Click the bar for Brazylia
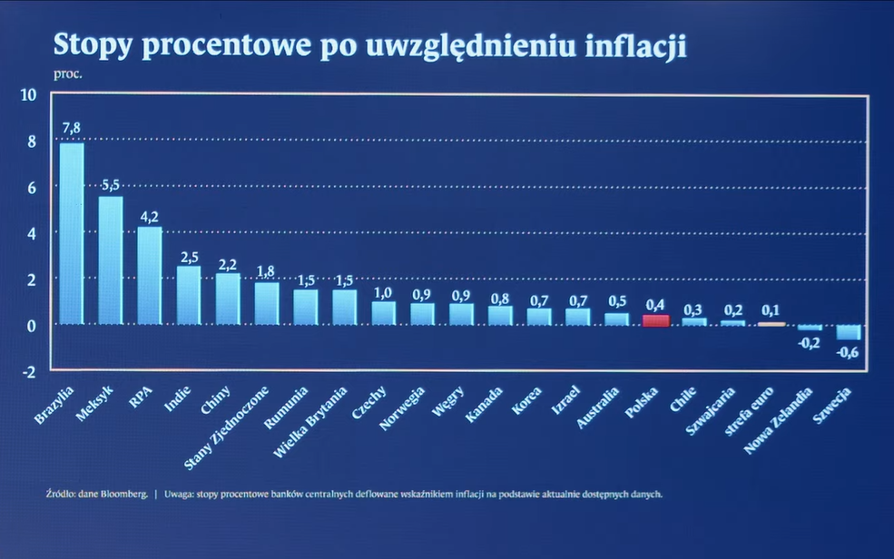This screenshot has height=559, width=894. point(72,234)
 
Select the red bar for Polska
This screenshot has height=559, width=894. point(655,320)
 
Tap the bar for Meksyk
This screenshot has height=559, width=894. point(111,260)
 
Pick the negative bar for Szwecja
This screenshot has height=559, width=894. point(850,332)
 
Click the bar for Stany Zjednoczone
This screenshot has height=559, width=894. point(267,304)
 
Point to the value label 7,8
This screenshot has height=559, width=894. point(72,128)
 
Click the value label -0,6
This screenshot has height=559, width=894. point(848,353)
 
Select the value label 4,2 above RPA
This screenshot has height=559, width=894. point(150,216)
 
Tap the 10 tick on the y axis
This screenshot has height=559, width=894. point(27,95)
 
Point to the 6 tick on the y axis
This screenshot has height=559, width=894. point(30,188)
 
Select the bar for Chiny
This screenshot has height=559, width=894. point(228,299)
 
